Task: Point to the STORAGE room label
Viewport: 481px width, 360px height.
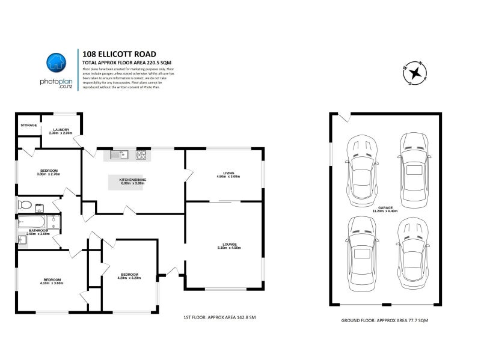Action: pos(28,125)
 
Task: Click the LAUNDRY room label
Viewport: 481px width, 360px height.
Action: pos(61,130)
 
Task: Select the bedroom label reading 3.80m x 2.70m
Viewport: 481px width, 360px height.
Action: pos(49,173)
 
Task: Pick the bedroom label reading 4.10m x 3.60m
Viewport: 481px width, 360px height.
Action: pos(52,281)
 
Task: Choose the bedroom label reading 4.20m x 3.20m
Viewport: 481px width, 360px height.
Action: pos(129,276)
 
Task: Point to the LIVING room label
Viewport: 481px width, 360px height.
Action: pos(228,175)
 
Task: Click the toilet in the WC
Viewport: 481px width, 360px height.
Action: pos(26,204)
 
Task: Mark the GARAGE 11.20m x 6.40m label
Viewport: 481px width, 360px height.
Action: pos(385,210)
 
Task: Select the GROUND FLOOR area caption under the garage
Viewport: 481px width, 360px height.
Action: pos(384,322)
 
